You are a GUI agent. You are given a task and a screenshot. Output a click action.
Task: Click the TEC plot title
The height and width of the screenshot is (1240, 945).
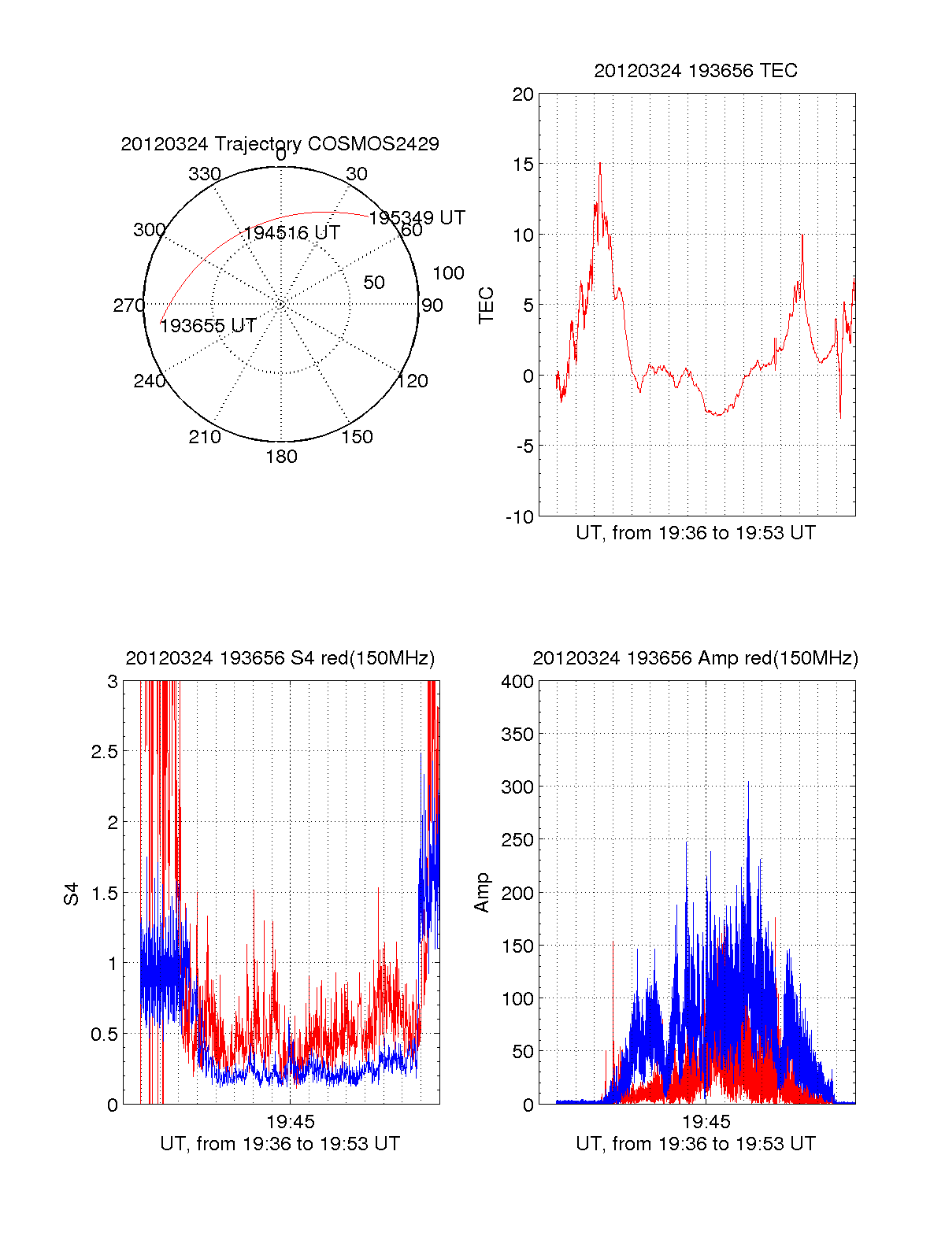coord(695,71)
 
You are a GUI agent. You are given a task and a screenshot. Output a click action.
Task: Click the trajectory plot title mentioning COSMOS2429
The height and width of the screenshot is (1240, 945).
coord(280,144)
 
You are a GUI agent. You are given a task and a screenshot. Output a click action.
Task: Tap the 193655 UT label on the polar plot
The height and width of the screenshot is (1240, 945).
coord(208,326)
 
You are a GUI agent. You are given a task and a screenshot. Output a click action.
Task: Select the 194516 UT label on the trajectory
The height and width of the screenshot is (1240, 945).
coord(291,233)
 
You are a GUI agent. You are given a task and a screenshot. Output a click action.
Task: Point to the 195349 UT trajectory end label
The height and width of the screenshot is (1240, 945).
coord(417,217)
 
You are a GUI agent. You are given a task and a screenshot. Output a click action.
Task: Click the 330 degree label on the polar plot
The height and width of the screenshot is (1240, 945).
coord(204,174)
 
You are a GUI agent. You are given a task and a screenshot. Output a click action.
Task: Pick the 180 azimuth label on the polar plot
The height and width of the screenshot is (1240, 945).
coord(281,457)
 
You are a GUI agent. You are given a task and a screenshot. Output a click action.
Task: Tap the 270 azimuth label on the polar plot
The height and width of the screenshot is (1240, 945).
coord(128,305)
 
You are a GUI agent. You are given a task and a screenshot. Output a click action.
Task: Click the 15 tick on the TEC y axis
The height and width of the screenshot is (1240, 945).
coord(523,165)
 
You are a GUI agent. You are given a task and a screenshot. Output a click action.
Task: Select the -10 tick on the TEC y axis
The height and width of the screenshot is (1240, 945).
coord(520,517)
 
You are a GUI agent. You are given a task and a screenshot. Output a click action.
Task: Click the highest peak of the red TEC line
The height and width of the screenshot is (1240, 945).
coord(600,164)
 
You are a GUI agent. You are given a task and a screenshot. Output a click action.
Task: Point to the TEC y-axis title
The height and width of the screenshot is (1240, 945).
coord(486,305)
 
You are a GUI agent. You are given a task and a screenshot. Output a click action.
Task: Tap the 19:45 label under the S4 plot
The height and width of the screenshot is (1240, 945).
coord(290,1122)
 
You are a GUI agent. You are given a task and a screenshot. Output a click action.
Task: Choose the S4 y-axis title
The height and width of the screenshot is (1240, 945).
coord(72,894)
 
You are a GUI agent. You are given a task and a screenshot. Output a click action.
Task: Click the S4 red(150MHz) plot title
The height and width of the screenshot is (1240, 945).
coord(280,658)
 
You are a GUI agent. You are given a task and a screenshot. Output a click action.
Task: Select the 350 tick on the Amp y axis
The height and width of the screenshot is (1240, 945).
coord(517,735)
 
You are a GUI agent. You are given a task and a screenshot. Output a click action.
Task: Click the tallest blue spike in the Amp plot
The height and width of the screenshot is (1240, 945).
coord(748,783)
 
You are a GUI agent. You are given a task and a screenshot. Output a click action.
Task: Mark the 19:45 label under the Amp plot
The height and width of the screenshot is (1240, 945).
coord(706,1122)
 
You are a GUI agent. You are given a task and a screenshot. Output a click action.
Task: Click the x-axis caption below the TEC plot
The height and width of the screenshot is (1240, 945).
coord(695,533)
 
